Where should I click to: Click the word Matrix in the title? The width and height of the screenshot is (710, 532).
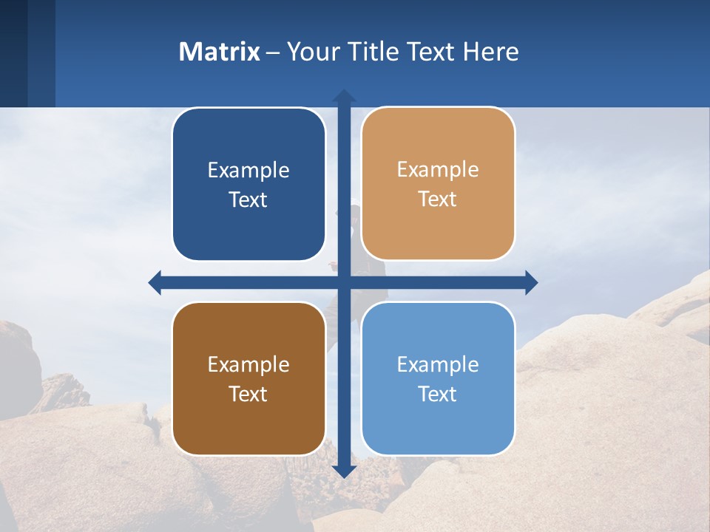tap(220, 52)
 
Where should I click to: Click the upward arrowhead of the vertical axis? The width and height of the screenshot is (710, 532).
tap(344, 96)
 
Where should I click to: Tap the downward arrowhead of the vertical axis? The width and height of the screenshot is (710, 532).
tap(344, 471)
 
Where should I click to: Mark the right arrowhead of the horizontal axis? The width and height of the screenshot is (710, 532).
tap(531, 282)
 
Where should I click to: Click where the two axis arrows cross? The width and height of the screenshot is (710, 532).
tap(344, 282)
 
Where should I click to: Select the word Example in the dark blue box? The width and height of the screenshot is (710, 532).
tap(248, 171)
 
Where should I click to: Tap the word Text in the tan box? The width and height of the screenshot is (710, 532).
tap(438, 199)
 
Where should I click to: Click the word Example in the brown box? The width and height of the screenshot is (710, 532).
tap(248, 365)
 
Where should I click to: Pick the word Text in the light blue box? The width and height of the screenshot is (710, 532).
tap(438, 395)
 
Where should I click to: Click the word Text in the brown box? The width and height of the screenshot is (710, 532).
tap(248, 395)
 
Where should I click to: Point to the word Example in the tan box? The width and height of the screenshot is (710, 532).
tap(438, 170)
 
